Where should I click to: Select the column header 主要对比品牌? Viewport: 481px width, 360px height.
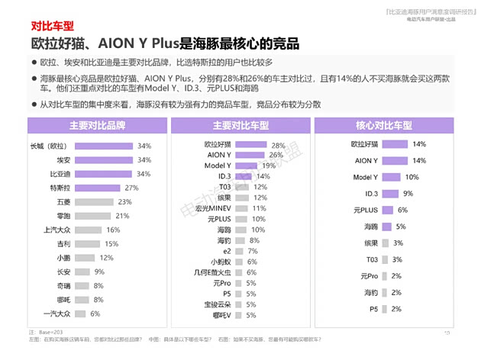point(96,124)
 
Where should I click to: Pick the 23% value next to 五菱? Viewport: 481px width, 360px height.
point(124,202)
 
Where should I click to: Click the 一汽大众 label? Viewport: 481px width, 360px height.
point(59,313)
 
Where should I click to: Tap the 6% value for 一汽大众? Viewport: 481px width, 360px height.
point(95,313)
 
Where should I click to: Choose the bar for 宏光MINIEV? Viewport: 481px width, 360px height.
point(237,208)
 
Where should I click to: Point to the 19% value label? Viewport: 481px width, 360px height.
point(270,166)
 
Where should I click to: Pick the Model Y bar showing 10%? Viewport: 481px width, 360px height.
point(392,177)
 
